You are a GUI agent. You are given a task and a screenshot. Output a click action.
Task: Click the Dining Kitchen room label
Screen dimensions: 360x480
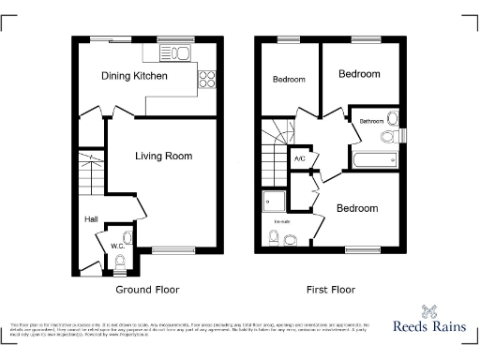pos(136,74)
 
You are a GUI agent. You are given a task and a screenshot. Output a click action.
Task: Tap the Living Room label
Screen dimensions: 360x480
pos(163,156)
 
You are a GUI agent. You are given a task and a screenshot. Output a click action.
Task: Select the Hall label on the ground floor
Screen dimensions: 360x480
pos(92,219)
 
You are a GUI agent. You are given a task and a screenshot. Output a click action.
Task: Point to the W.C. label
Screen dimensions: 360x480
pos(117,247)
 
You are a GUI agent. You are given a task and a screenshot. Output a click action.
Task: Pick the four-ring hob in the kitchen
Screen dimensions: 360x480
pos(208,80)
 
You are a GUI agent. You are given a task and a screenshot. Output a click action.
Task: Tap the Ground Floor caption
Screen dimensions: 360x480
pos(147,290)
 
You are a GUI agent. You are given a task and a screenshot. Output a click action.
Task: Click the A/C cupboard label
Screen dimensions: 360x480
pos(300,159)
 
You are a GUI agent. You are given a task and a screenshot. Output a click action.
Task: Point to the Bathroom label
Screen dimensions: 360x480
pos(372,121)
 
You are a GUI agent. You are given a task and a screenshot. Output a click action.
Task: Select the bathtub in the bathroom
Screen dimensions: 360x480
pos(375,159)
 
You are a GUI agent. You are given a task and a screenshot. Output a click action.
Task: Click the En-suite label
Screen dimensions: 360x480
pos(281,221)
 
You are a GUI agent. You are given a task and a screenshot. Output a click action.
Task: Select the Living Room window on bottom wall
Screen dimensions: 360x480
pos(170,249)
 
